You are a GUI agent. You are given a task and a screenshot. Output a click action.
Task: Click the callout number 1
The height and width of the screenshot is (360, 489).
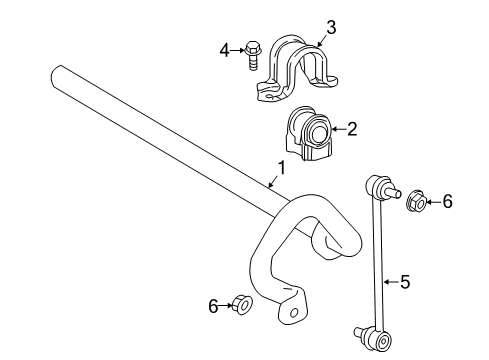coord(281,169)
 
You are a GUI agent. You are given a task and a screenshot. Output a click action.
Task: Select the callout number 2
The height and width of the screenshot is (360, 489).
coord(351,128)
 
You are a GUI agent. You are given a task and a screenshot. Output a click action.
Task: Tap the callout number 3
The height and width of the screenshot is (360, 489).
coord(330,28)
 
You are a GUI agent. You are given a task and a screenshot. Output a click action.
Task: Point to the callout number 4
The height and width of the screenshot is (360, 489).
coord(225,47)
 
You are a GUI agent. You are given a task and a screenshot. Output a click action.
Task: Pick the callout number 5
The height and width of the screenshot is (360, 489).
coord(404,282)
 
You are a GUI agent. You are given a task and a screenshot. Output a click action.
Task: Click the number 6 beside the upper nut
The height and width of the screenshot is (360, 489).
coord(447,202)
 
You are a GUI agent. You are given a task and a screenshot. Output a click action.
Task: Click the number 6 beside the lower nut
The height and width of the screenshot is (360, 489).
coord(213,306)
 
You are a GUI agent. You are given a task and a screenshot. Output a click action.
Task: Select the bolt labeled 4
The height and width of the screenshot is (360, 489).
coord(252,51)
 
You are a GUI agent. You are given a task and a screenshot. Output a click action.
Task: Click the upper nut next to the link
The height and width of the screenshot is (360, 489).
coord(417,203)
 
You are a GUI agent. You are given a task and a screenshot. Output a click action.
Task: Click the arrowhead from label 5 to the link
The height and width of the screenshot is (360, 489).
coord(385,282)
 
